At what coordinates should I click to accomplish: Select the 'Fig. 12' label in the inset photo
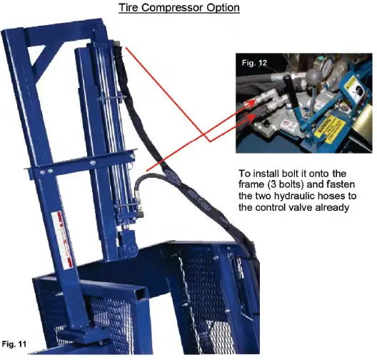click(255, 64)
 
